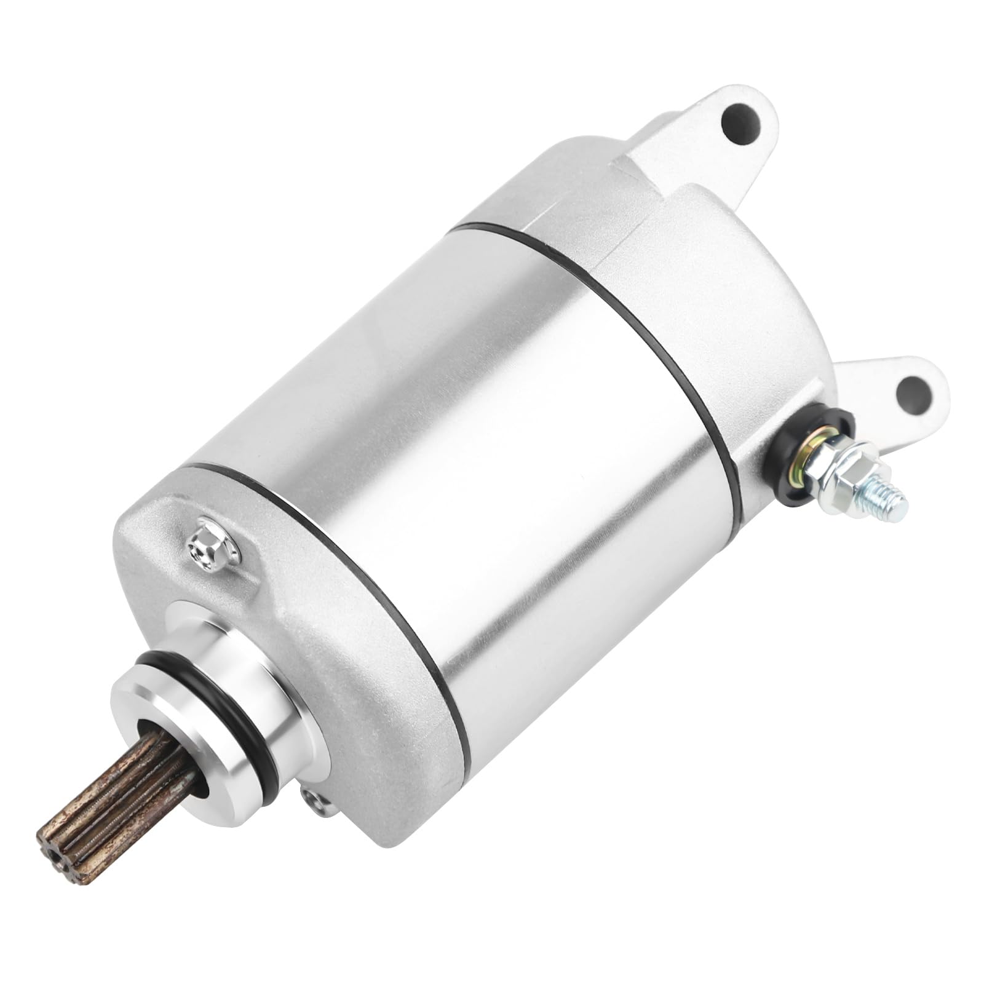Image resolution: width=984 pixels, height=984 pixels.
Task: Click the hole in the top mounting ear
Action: point(742,122)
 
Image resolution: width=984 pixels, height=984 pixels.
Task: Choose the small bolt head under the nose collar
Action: point(314,800)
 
